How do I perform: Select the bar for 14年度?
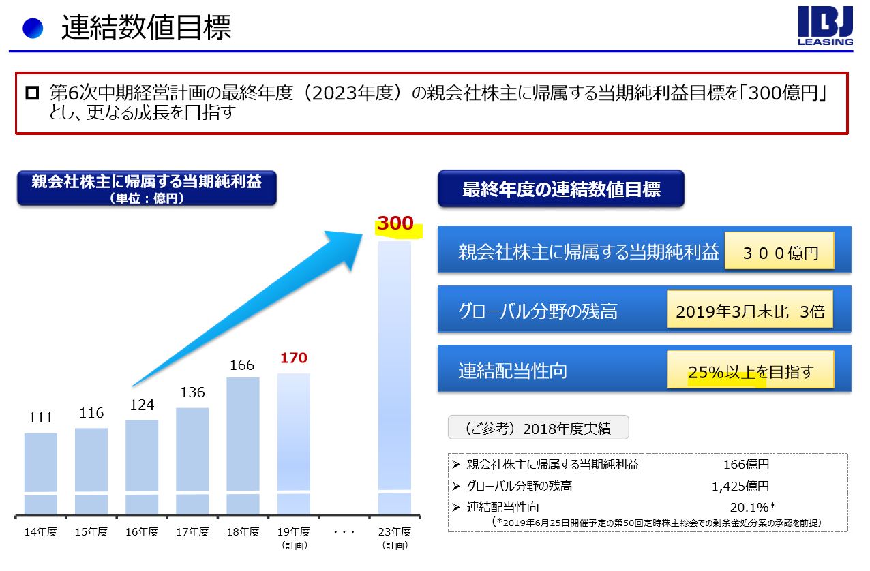(x=41, y=473)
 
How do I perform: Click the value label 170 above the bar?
(x=294, y=358)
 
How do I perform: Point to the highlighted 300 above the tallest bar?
(x=396, y=223)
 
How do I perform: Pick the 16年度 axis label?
(x=142, y=531)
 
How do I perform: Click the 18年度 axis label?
(x=243, y=531)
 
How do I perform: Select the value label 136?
(x=192, y=392)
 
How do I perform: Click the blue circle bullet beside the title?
(x=33, y=28)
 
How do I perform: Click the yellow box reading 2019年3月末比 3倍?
(x=750, y=311)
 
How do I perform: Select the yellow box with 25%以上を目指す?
(x=751, y=371)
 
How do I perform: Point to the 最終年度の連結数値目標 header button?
(x=560, y=189)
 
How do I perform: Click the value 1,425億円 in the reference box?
(x=740, y=487)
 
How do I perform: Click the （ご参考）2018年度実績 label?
(x=538, y=428)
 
